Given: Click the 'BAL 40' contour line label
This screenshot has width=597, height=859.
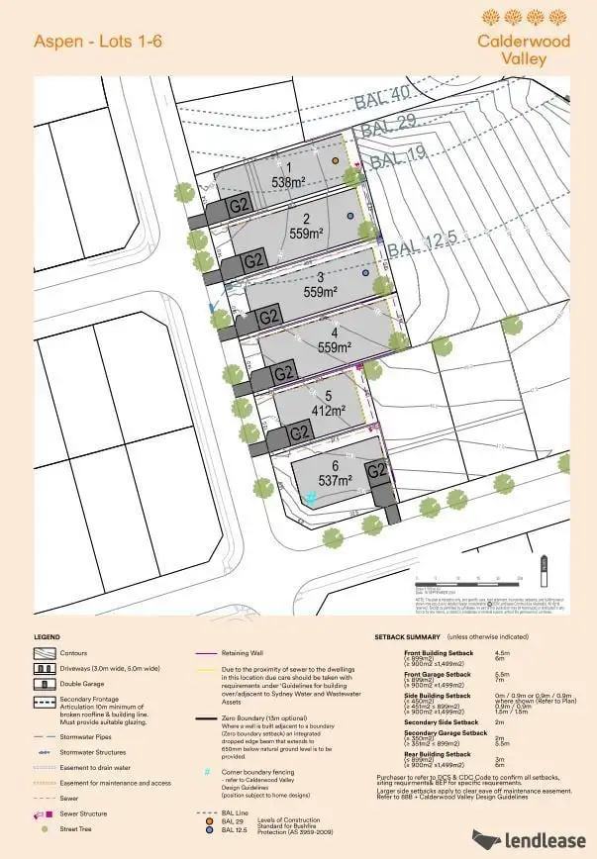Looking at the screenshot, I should [386, 100].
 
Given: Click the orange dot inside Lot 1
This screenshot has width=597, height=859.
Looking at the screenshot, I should [337, 160].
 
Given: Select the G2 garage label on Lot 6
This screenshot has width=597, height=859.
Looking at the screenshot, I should [375, 472].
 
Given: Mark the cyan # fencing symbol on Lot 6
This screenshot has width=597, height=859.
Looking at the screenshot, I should [312, 498].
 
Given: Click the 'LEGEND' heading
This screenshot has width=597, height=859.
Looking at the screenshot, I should [47, 636].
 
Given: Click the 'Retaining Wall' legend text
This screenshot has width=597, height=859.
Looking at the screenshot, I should [245, 653].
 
